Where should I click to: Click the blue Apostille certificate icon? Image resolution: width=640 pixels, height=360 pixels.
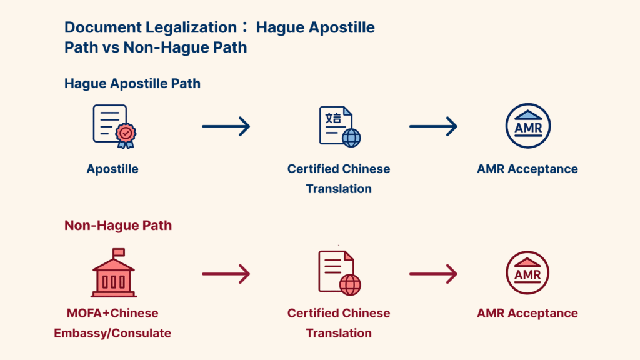click(113, 126)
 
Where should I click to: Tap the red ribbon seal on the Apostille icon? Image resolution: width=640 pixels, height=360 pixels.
click(126, 134)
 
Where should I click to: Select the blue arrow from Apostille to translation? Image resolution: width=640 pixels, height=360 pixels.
click(226, 126)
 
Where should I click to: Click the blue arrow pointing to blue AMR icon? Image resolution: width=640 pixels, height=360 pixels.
click(433, 126)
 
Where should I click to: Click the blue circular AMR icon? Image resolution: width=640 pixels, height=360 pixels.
click(527, 126)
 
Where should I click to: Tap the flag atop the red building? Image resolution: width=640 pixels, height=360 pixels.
click(118, 252)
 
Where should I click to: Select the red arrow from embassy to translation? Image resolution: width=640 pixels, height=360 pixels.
click(226, 274)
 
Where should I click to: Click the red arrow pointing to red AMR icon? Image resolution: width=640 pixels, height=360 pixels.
click(433, 274)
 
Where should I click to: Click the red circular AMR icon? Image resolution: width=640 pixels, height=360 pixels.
click(527, 273)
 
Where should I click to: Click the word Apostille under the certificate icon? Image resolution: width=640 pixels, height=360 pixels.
click(112, 169)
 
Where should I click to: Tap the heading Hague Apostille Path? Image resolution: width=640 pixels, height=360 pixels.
click(132, 83)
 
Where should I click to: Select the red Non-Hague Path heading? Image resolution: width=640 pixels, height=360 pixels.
click(118, 226)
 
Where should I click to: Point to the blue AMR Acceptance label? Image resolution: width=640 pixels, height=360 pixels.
click(527, 169)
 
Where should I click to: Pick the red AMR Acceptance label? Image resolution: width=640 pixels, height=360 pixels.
click(527, 313)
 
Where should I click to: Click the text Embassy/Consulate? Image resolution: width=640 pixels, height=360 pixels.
click(112, 333)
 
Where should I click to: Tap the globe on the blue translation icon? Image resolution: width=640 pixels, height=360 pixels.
click(351, 137)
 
